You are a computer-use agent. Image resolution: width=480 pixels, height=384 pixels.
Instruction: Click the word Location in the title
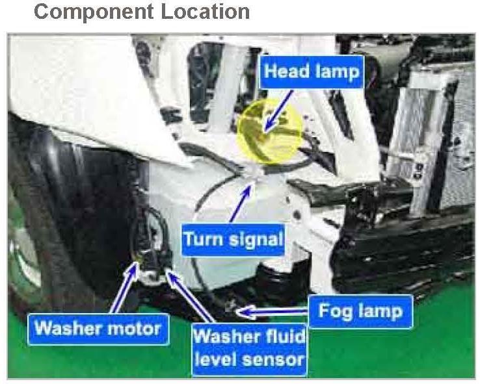click(x=202, y=11)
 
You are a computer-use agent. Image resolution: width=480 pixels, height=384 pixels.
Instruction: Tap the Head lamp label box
click(x=311, y=71)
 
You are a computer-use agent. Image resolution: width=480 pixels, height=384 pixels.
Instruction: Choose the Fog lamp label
click(x=359, y=311)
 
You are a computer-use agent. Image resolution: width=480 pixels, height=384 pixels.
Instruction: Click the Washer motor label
click(x=98, y=327)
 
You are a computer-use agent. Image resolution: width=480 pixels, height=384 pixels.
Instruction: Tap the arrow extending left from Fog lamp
click(x=273, y=313)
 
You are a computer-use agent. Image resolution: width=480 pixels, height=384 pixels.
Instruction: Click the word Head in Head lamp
click(x=287, y=71)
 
